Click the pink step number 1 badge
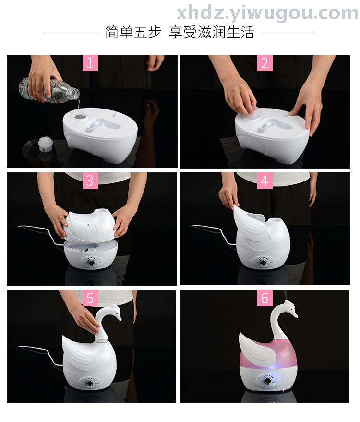coord(90,63)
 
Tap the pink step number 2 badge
coord(265,63)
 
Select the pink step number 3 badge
coord(90,181)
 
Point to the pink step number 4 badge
coord(265,181)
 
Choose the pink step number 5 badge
coord(90,298)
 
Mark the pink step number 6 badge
coord(265,298)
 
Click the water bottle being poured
coord(50,90)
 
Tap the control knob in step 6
coord(268,381)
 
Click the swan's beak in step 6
coord(295,314)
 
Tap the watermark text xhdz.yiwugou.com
coord(267,13)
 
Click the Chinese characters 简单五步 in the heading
coord(133,33)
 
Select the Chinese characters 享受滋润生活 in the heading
coord(212,33)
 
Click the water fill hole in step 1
coord(80,116)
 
